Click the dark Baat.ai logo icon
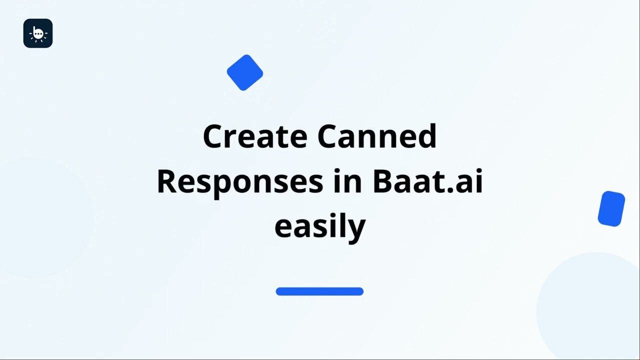(38, 33)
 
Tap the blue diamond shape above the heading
(245, 72)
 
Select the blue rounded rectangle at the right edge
(611, 208)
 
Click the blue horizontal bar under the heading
(319, 291)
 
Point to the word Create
(255, 136)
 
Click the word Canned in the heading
(377, 136)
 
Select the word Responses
(239, 181)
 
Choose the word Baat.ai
(427, 181)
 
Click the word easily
(320, 226)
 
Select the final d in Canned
(427, 136)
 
